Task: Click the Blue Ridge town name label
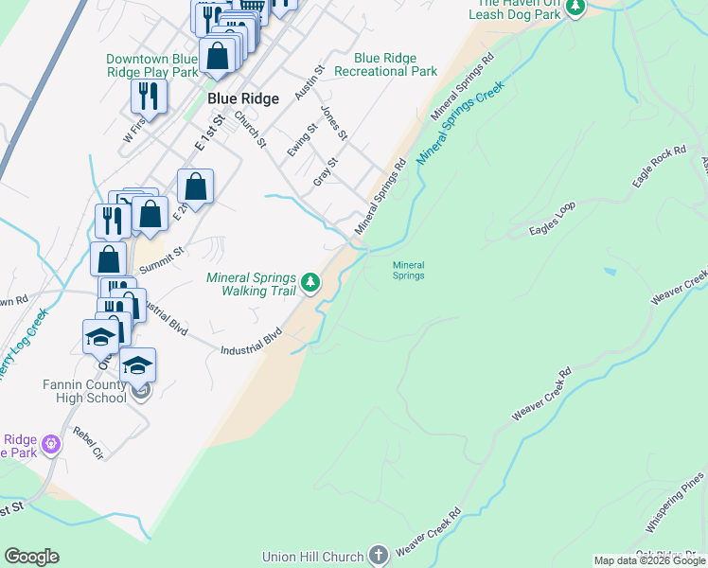coord(243,99)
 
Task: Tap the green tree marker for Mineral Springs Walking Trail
coord(310,282)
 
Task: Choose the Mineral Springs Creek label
coord(461,118)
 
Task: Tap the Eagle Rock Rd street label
coord(660,168)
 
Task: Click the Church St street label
coord(251,130)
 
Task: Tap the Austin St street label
coord(309,82)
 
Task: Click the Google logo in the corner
coord(31,557)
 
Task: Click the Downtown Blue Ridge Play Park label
coord(152,64)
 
